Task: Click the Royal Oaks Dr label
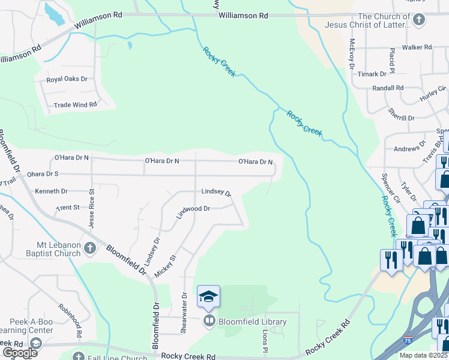(x=67, y=79)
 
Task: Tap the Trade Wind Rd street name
(x=75, y=105)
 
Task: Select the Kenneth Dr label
(x=52, y=191)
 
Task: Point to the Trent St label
(x=68, y=208)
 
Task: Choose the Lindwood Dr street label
(x=193, y=209)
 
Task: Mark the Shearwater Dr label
(x=185, y=305)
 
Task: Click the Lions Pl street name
(x=264, y=340)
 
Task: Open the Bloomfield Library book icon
(x=209, y=322)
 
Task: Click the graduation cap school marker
(x=208, y=296)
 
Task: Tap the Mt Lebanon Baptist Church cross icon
(x=89, y=248)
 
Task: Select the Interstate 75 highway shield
(x=409, y=340)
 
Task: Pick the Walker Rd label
(x=417, y=47)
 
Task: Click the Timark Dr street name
(x=372, y=74)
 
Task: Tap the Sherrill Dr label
(x=402, y=118)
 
